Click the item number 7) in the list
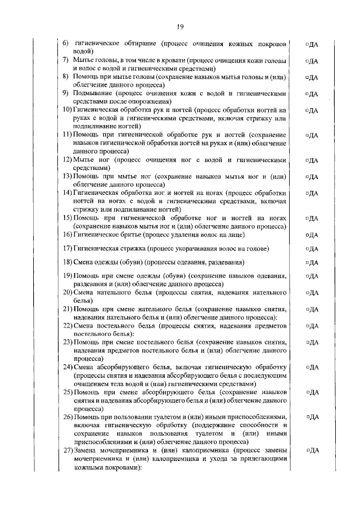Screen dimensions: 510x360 click(x=66, y=60)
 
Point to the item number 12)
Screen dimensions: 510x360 click(x=67, y=160)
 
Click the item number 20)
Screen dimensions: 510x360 click(x=67, y=293)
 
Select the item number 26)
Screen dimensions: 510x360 click(x=67, y=417)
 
